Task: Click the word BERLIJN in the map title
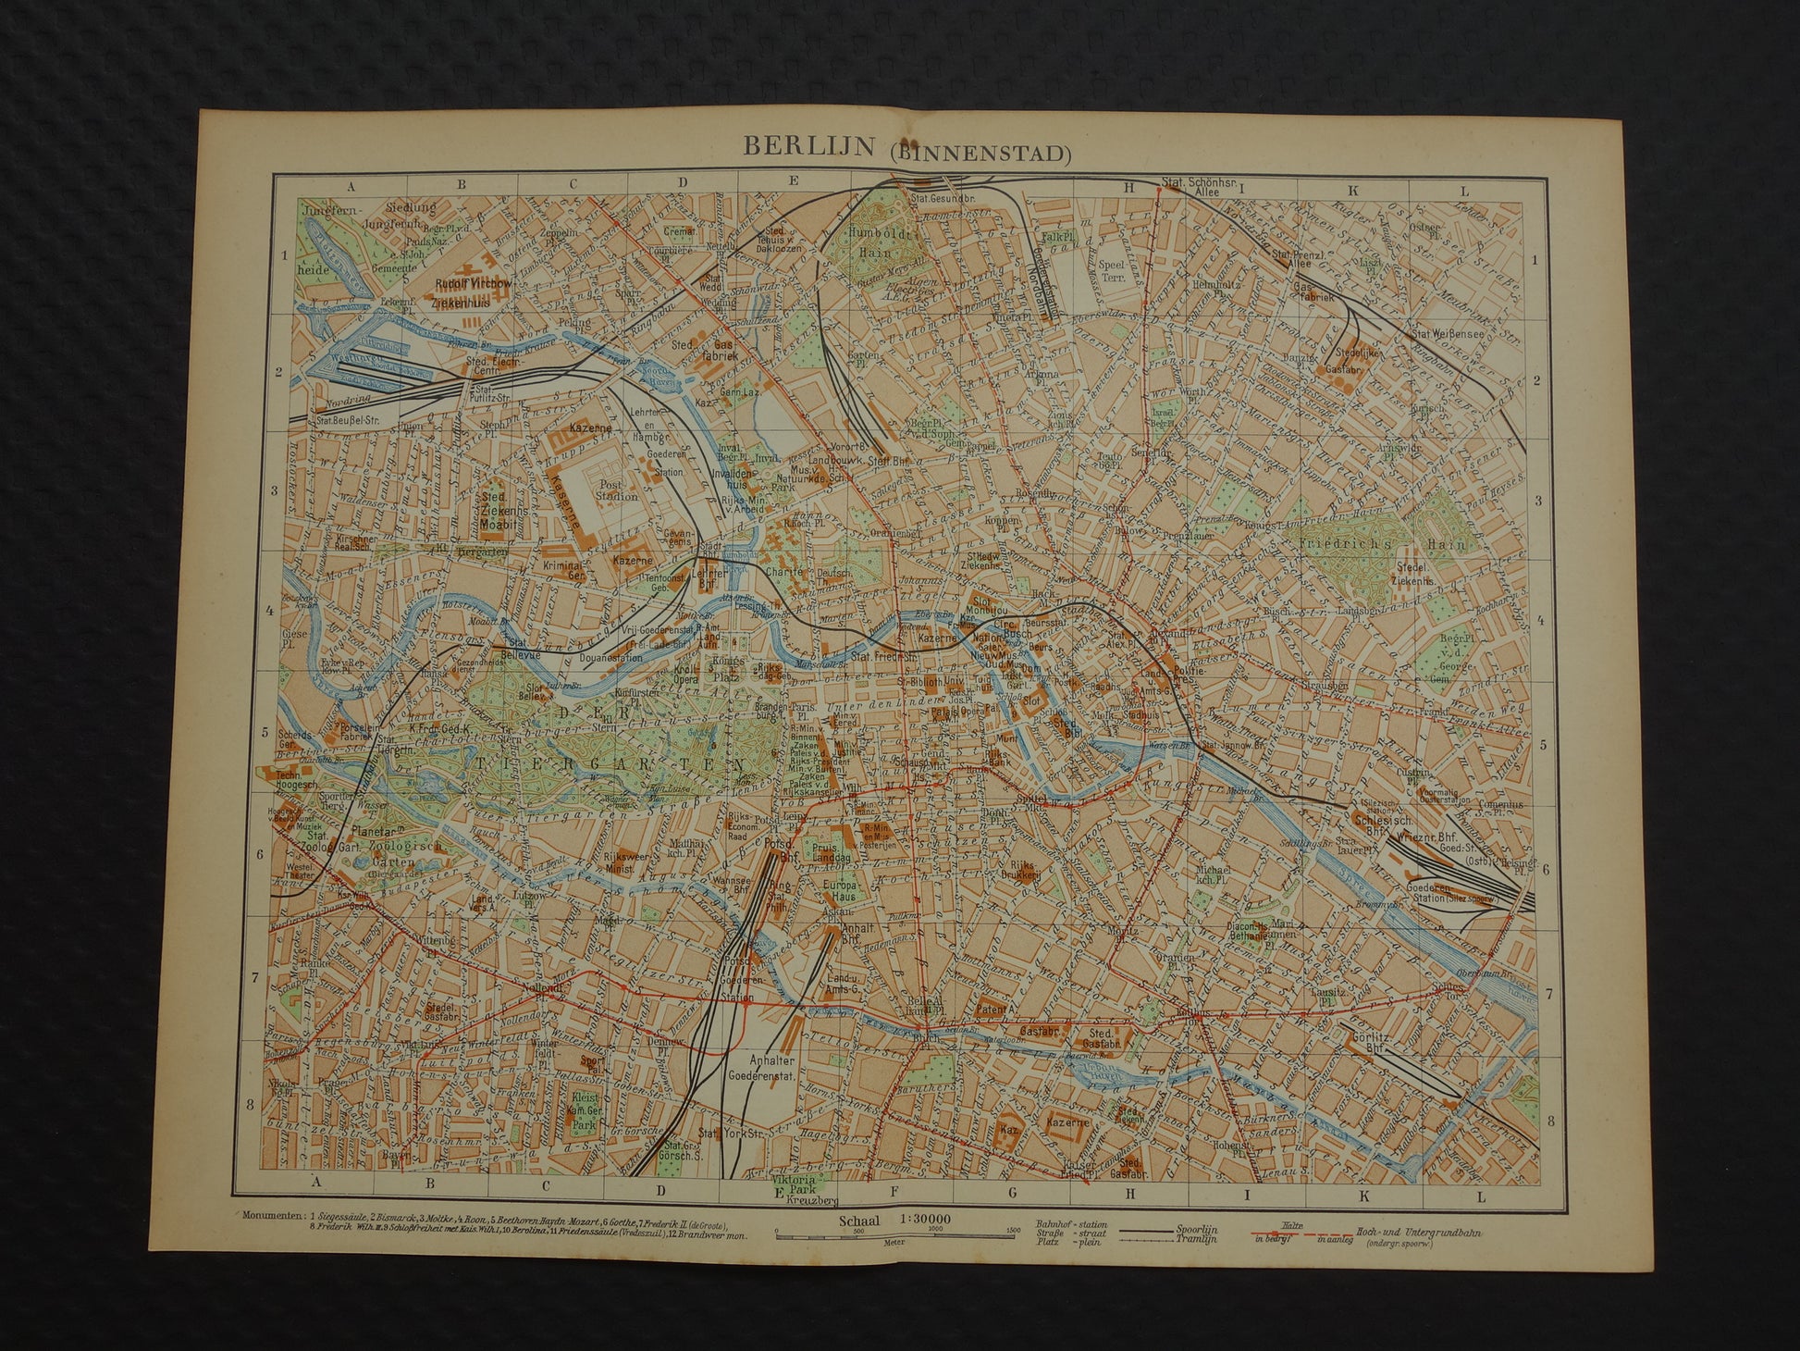click(805, 148)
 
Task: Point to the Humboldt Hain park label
click(887, 244)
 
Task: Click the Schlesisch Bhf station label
click(1386, 824)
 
